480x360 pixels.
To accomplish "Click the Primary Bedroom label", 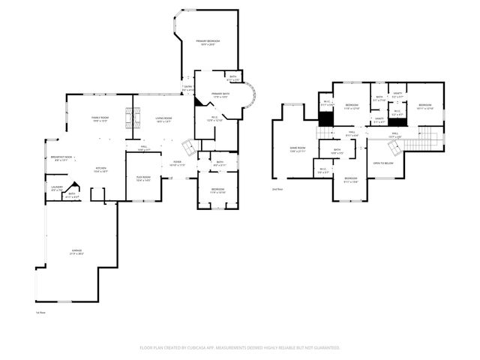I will [x=208, y=42].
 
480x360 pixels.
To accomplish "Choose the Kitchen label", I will [x=100, y=169].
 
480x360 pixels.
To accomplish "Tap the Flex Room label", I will [x=143, y=178].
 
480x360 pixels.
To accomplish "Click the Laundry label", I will [x=56, y=189].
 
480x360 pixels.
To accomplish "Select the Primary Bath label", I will [x=220, y=94].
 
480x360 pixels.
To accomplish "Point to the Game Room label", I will [x=298, y=149].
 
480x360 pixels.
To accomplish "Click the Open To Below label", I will [x=384, y=163].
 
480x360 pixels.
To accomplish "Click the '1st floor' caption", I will [x=40, y=312].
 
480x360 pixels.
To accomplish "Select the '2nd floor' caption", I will [x=277, y=190].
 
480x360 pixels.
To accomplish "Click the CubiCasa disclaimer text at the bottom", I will [x=240, y=347].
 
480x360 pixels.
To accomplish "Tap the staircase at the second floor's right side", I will [x=425, y=138].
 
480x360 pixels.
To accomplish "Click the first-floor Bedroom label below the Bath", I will [x=217, y=190].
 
